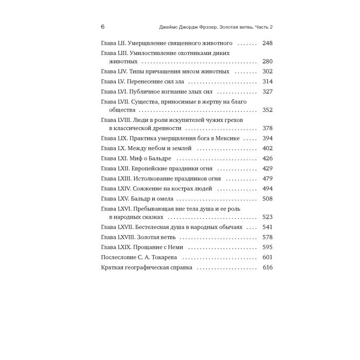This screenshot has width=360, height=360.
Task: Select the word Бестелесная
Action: (159, 227)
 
